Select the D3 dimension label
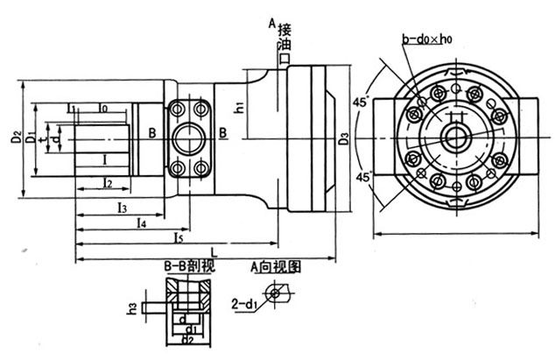coord(343,138)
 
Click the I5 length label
coord(178,236)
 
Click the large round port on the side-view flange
coord(187,137)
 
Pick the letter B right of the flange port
coord(223,132)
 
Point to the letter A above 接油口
coord(272,21)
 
